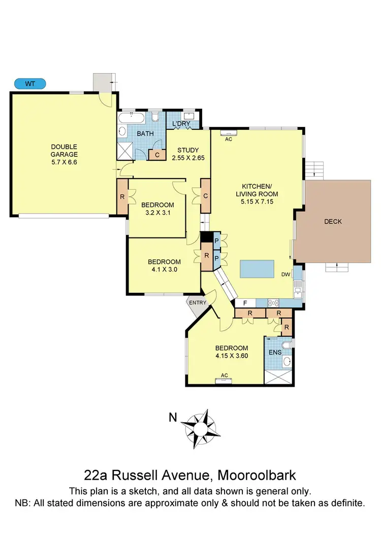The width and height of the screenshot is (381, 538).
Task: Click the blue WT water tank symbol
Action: click(30, 83)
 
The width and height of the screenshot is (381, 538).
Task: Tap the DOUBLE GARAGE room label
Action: click(64, 152)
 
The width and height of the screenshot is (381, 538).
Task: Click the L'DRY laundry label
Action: click(180, 124)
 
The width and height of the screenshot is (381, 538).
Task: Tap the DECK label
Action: click(333, 221)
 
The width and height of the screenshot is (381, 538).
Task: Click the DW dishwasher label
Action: click(285, 275)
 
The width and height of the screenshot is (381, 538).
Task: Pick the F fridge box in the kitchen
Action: click(245, 303)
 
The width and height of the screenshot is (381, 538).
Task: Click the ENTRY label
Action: click(198, 303)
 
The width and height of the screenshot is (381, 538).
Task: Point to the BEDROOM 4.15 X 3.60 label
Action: click(232, 352)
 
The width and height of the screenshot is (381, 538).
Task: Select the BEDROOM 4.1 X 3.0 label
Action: click(164, 266)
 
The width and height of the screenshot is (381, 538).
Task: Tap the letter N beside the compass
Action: click(173, 418)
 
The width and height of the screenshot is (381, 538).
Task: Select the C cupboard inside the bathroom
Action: click(157, 155)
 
